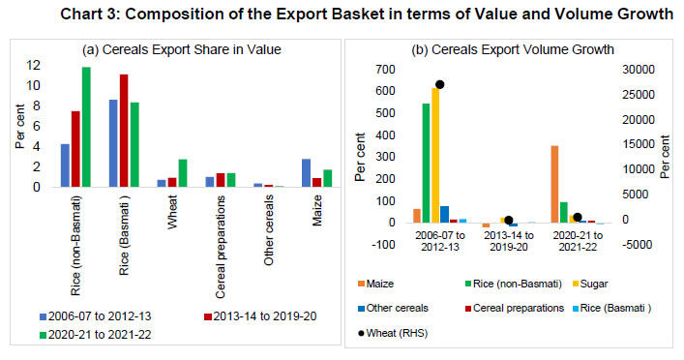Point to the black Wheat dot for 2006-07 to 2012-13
440,84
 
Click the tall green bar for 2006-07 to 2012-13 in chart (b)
426,163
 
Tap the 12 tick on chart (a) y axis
36,65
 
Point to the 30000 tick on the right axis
636,70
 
